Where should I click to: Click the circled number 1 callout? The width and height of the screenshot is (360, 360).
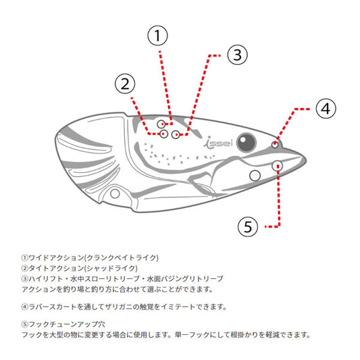[x=157, y=36]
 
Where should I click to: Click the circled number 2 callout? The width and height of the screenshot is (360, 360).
[x=125, y=84]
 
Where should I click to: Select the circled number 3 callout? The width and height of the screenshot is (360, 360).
[x=237, y=55]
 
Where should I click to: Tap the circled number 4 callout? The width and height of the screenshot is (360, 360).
[x=326, y=109]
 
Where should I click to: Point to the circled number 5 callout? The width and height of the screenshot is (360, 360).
[x=248, y=227]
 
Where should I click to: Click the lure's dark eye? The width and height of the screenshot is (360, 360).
[x=247, y=143]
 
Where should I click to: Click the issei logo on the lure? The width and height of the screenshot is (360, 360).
[x=218, y=143]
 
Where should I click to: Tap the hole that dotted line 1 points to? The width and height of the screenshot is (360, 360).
[x=161, y=124]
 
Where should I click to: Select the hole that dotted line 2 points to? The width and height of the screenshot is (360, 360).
[x=163, y=134]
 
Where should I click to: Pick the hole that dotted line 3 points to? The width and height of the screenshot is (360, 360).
[x=176, y=134]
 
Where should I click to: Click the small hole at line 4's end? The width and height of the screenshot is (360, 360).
[x=275, y=145]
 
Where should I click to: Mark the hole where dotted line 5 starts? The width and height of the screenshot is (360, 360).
[x=277, y=165]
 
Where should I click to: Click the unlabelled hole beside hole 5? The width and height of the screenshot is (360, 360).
[x=255, y=176]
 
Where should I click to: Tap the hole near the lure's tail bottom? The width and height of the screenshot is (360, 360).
[x=115, y=194]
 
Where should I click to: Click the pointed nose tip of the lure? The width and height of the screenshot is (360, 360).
[x=305, y=159]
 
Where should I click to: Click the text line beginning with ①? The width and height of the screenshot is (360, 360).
[x=90, y=258]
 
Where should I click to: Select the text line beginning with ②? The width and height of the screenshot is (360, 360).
[x=80, y=268]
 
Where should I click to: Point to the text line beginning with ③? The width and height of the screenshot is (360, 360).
[x=122, y=279]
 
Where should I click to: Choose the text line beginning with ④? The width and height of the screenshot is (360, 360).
[x=124, y=307]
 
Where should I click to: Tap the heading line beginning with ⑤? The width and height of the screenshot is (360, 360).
[x=63, y=324]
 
